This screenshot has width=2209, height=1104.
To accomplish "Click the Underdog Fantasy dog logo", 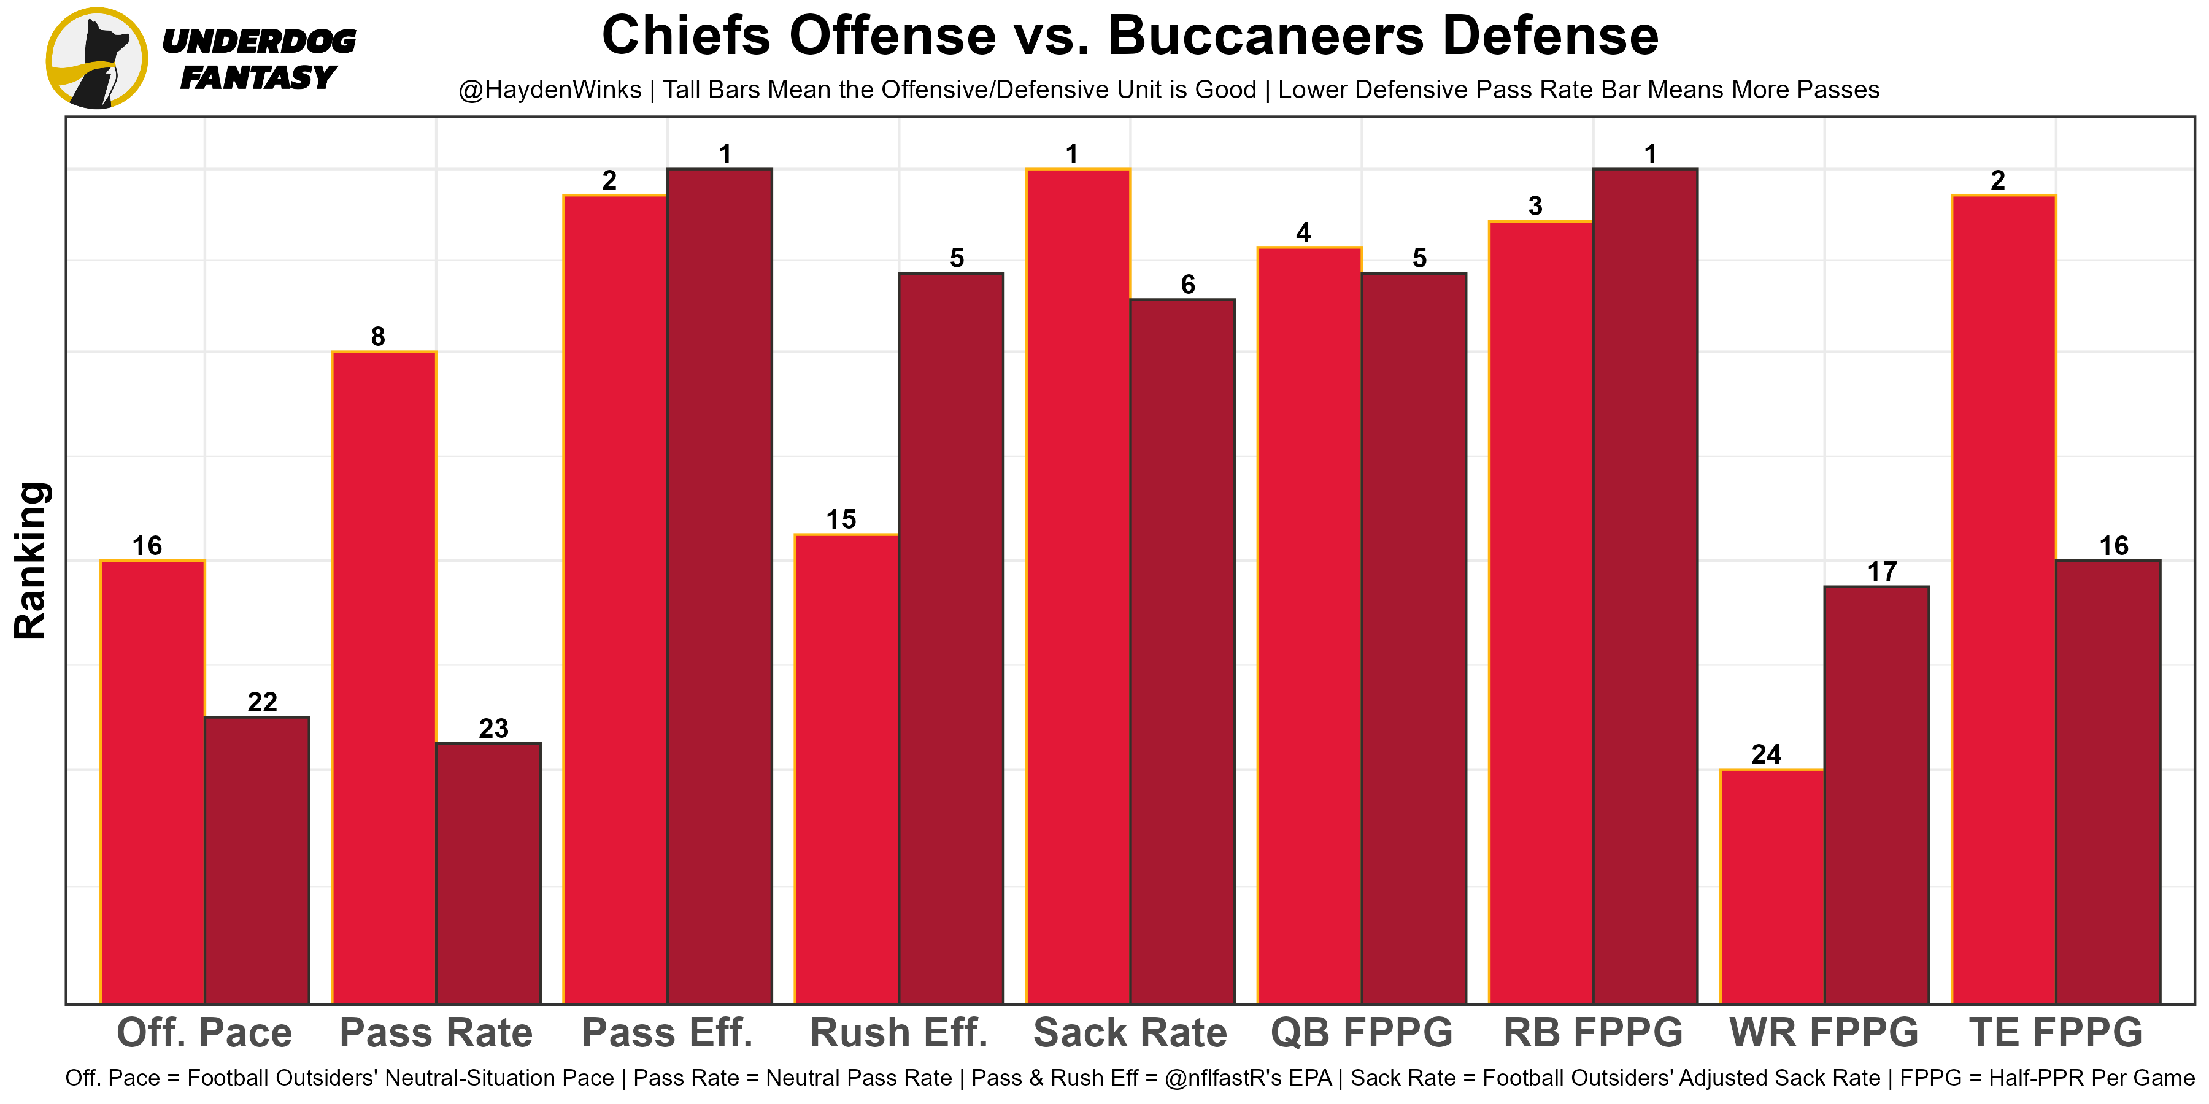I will click(x=96, y=58).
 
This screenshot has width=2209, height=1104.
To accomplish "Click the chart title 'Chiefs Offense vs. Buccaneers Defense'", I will click(x=1130, y=36).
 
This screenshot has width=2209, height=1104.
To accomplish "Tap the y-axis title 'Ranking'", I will click(x=31, y=561).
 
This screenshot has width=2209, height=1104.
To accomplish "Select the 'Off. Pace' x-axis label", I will click(x=204, y=1033).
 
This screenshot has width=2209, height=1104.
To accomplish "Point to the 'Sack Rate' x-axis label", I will click(x=1130, y=1033).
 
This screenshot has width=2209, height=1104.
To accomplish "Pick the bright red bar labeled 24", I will click(x=1771, y=886).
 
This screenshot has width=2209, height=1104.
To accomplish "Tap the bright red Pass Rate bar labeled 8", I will click(x=384, y=677).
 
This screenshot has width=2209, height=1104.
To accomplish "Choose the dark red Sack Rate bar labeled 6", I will click(x=1182, y=651).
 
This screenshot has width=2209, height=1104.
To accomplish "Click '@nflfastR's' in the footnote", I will click(x=1247, y=1078).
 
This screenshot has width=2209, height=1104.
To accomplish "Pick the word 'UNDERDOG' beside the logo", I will click(x=258, y=41).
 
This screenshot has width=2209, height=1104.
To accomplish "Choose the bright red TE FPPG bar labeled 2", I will click(x=2003, y=599).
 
